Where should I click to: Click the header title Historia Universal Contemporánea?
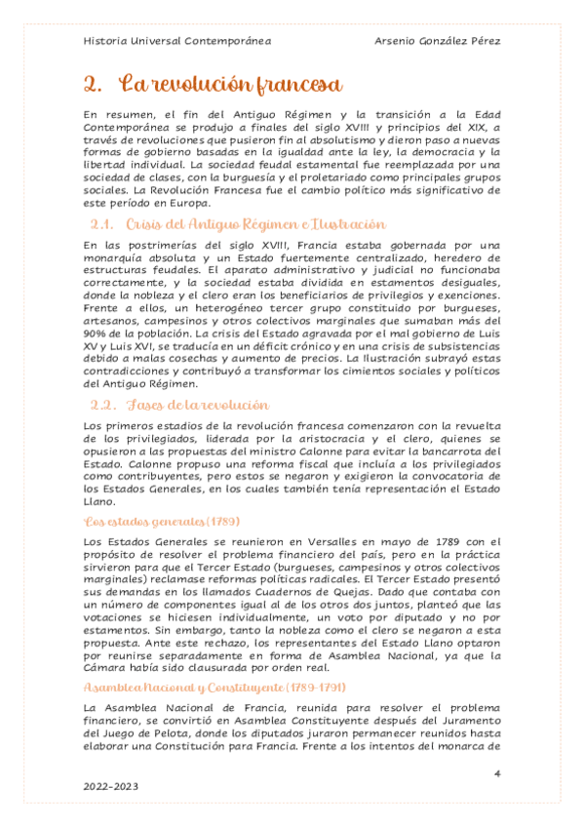pyautogui.click(x=177, y=41)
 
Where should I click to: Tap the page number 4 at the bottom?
pyautogui.click(x=497, y=773)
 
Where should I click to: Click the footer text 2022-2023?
pyautogui.click(x=112, y=785)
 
